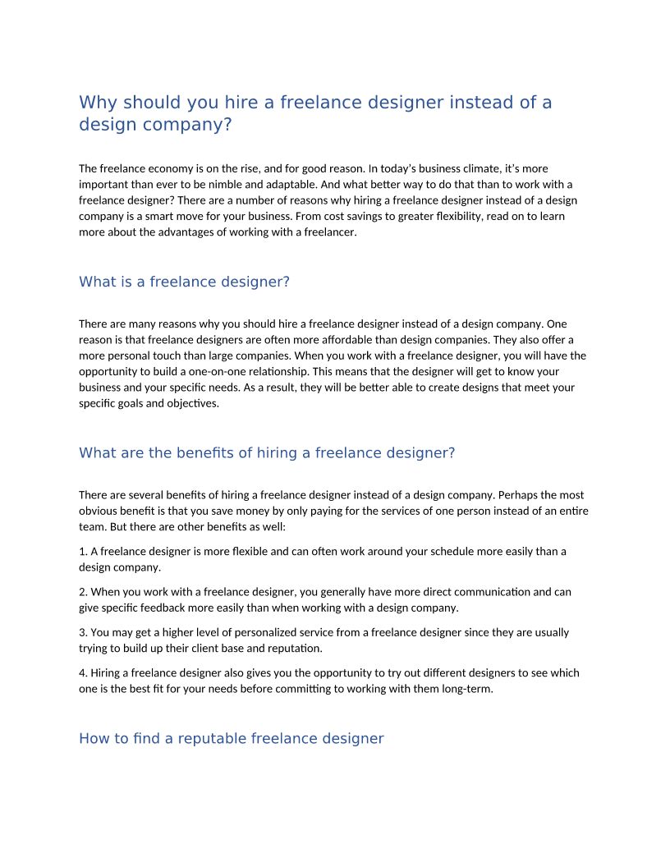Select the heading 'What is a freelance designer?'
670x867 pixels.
pyautogui.click(x=184, y=282)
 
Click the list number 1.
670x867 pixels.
pyautogui.click(x=83, y=552)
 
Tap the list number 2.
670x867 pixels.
pyautogui.click(x=83, y=592)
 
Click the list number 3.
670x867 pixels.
pyautogui.click(x=83, y=632)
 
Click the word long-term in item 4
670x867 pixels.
pyautogui.click(x=469, y=688)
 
